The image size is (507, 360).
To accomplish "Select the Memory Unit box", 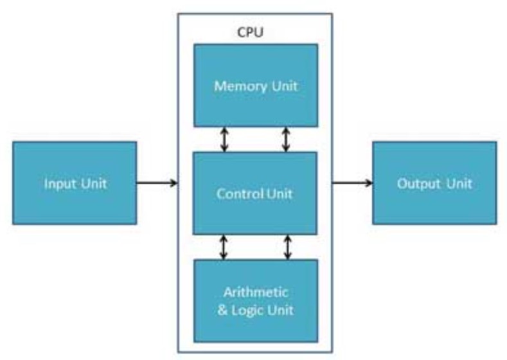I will tap(256, 85).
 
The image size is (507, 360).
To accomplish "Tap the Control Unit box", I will tap(256, 193).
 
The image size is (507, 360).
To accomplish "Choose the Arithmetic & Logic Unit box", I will tap(256, 300).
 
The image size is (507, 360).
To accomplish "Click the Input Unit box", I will tap(75, 183).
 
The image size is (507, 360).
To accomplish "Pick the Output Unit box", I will tap(434, 183).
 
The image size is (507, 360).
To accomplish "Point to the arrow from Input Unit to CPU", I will tap(157, 183).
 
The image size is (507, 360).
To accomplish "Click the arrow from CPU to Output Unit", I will tap(352, 183).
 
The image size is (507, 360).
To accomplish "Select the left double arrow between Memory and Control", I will tap(224, 139).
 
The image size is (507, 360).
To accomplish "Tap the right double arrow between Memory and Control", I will tap(287, 139).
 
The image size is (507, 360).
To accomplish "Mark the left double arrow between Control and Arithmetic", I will tap(224, 247).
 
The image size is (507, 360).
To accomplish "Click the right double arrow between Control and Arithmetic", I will tap(287, 247).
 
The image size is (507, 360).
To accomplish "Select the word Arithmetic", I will tap(256, 291).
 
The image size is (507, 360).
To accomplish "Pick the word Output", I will tap(418, 184).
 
